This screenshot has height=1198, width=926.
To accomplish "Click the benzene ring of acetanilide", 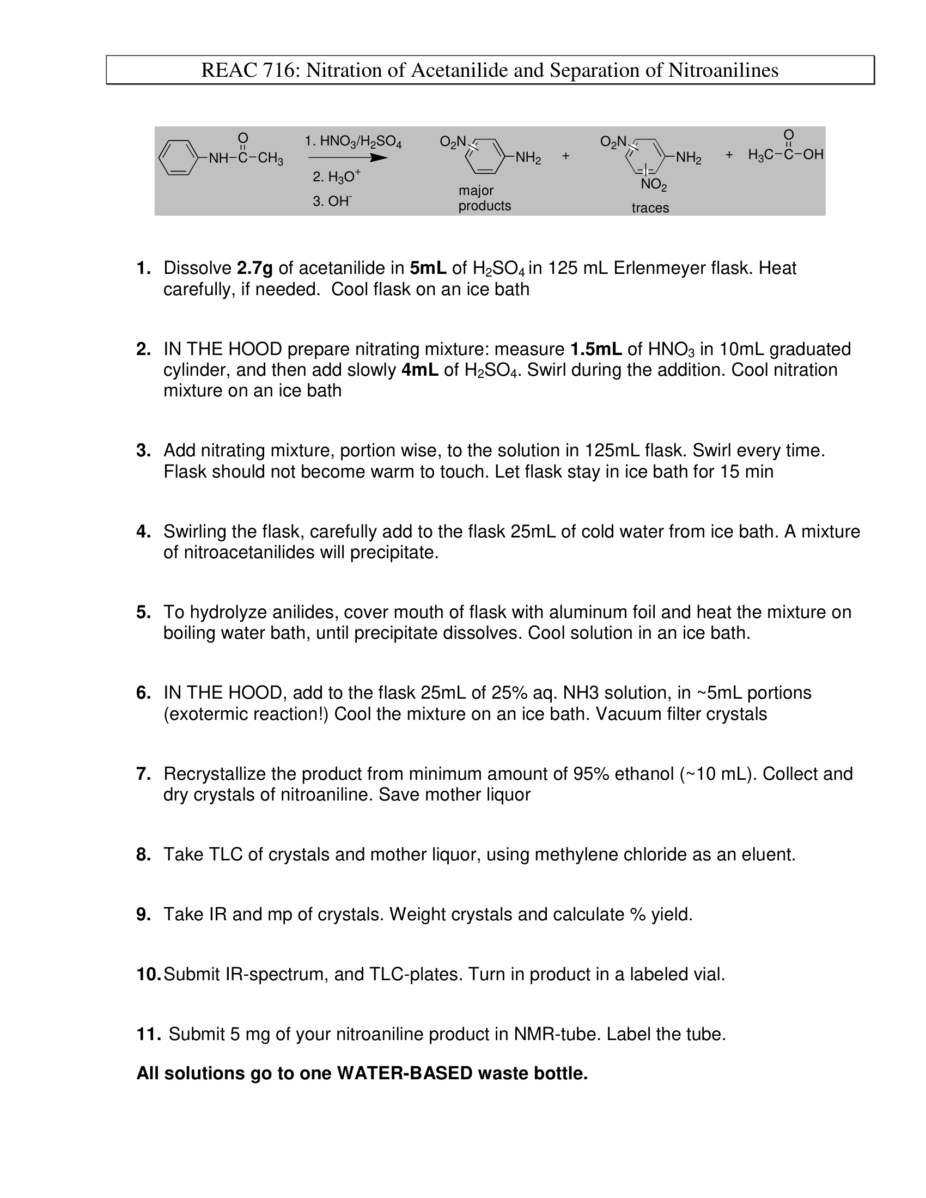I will coord(178,158).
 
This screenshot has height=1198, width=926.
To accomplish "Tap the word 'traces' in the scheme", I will coord(650,208).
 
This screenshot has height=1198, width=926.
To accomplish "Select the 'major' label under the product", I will coord(476,191).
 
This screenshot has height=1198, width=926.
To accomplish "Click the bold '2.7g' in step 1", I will coord(254,268).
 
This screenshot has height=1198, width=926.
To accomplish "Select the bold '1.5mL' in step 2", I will coord(596,350).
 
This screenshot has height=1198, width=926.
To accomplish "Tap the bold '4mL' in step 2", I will coord(419,370).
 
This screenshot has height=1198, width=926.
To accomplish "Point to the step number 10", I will coord(148,974).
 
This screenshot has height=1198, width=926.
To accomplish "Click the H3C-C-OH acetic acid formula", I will coord(785,155).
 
